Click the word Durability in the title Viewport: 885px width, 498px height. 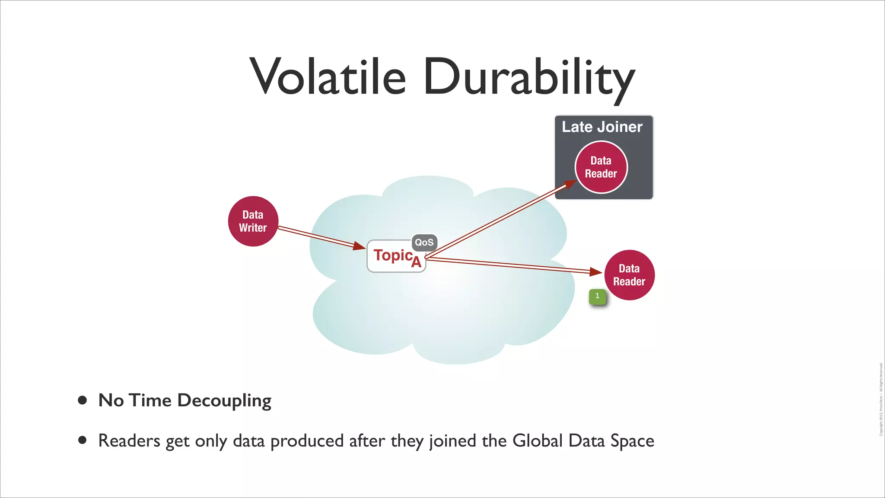529,78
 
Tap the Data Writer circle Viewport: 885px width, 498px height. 253,221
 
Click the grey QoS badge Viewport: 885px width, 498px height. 424,243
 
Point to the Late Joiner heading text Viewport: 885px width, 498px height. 602,127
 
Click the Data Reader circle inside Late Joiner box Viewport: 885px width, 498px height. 601,167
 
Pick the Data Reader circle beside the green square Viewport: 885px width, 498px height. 629,275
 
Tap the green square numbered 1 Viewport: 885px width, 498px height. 598,296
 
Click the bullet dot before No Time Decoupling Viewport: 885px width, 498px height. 83,400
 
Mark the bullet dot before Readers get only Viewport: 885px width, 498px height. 83,441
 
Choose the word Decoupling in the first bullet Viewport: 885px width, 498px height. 224,401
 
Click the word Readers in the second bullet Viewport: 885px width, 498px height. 129,441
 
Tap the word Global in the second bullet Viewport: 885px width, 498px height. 538,441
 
